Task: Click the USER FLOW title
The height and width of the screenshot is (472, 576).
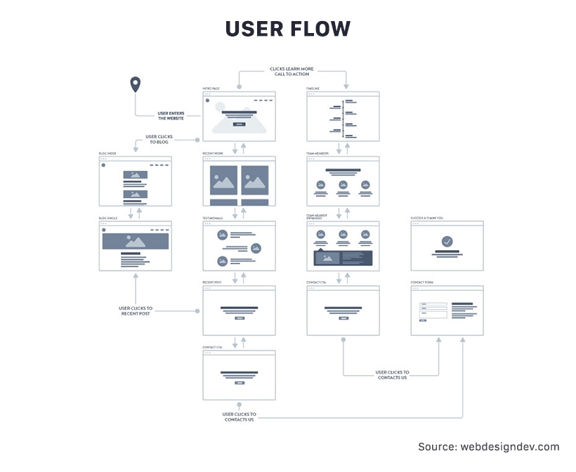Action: [x=287, y=29]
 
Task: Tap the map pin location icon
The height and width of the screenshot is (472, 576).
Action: [x=136, y=86]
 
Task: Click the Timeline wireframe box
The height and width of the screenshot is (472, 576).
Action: [x=343, y=116]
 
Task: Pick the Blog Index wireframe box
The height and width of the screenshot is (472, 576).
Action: [x=135, y=181]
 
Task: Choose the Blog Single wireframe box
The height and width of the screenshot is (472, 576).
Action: [x=135, y=246]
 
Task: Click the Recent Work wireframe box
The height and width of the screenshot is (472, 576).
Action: [x=239, y=181]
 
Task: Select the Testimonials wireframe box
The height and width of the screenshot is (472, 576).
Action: [x=239, y=246]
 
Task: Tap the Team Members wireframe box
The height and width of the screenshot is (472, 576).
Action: [x=343, y=181]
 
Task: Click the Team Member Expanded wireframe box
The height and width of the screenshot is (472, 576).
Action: [x=343, y=246]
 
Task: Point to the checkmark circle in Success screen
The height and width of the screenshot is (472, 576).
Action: [x=447, y=242]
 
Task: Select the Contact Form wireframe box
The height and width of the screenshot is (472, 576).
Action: [x=447, y=310]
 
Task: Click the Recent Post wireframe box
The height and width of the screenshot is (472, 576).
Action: [x=239, y=310]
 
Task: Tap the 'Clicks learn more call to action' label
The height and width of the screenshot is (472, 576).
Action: [x=292, y=72]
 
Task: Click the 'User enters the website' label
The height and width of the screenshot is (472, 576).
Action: [x=171, y=115]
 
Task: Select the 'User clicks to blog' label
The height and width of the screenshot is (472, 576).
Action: [x=158, y=139]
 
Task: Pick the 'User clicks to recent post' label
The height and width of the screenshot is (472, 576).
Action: [x=135, y=310]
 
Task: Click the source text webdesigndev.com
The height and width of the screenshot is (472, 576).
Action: [x=489, y=447]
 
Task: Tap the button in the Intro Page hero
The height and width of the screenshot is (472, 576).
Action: [x=239, y=123]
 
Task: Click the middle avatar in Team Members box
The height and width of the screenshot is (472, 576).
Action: [x=343, y=185]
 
